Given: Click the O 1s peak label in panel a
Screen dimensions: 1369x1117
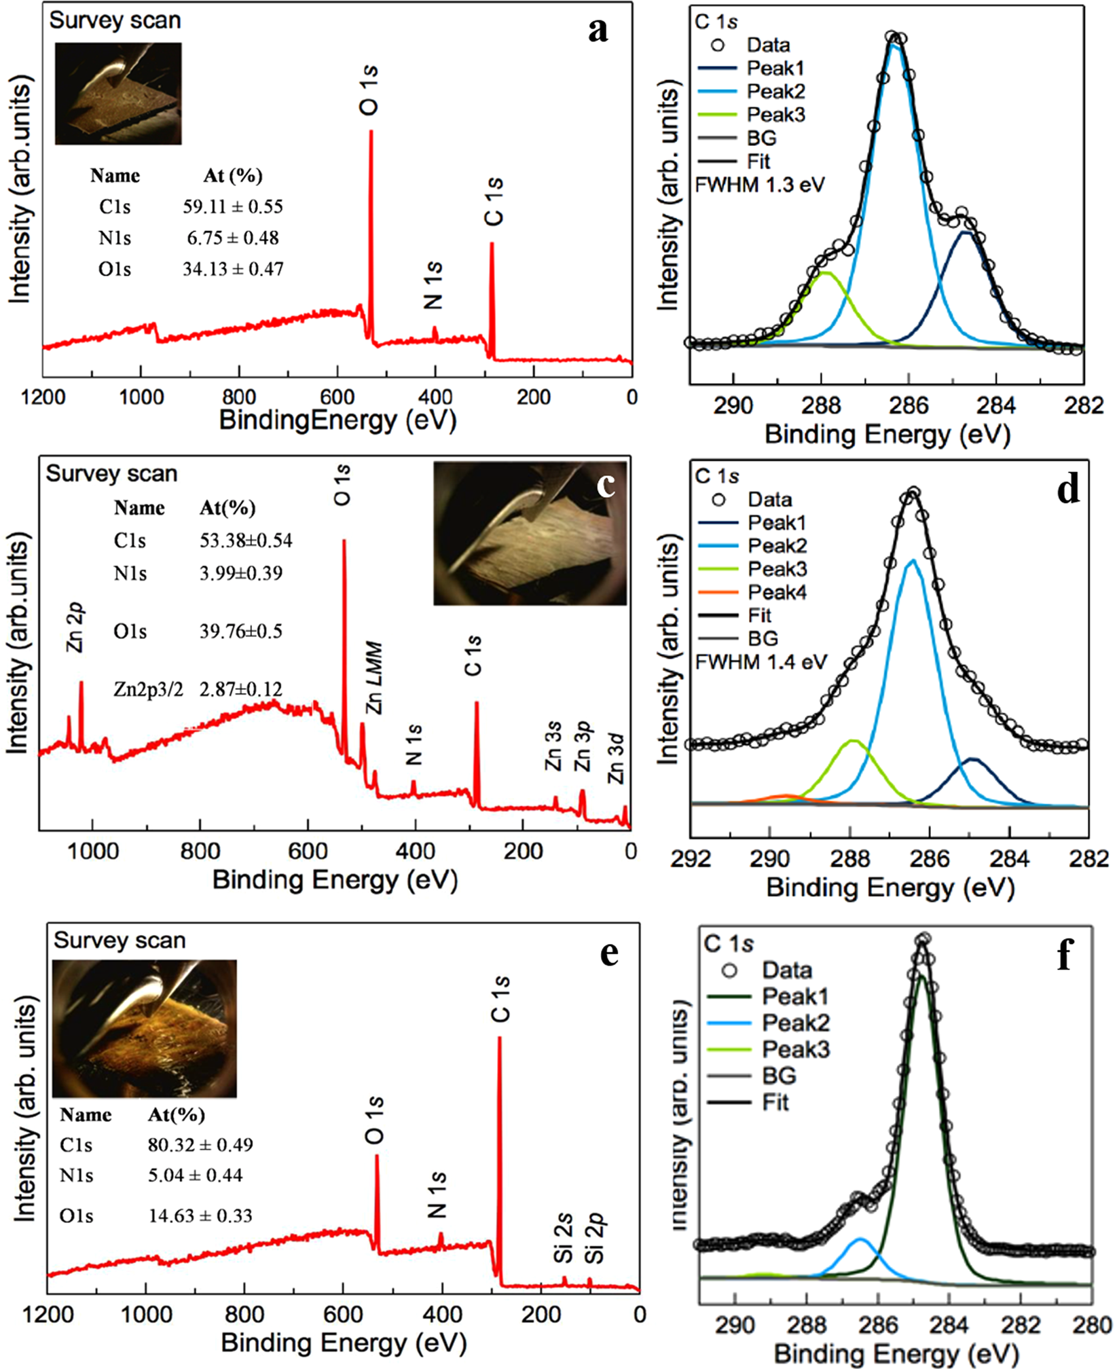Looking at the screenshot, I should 369,90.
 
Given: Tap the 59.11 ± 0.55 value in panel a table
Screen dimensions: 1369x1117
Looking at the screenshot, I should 232,206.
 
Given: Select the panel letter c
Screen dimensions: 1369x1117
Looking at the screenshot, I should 604,485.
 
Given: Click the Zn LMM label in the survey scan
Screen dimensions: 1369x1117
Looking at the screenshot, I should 374,678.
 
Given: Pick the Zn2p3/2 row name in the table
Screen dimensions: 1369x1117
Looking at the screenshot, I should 148,690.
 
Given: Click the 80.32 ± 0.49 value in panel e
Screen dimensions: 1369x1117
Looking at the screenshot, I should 200,1145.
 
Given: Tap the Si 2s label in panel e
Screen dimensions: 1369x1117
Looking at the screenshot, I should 564,1241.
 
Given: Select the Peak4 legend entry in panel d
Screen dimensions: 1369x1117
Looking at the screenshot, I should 777,592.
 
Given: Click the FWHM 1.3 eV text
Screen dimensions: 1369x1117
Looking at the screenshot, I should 759,185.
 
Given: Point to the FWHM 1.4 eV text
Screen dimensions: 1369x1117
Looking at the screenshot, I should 761,661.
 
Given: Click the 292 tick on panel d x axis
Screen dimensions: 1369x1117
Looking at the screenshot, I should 691,858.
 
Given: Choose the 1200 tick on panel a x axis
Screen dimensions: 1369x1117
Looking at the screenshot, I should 43,397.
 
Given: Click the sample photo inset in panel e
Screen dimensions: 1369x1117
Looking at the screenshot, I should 144,1029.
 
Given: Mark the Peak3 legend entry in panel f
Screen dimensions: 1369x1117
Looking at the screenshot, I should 795,1049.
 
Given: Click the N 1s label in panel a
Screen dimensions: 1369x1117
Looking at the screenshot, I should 433,285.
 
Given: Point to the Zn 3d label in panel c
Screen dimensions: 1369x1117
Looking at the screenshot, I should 616,758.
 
